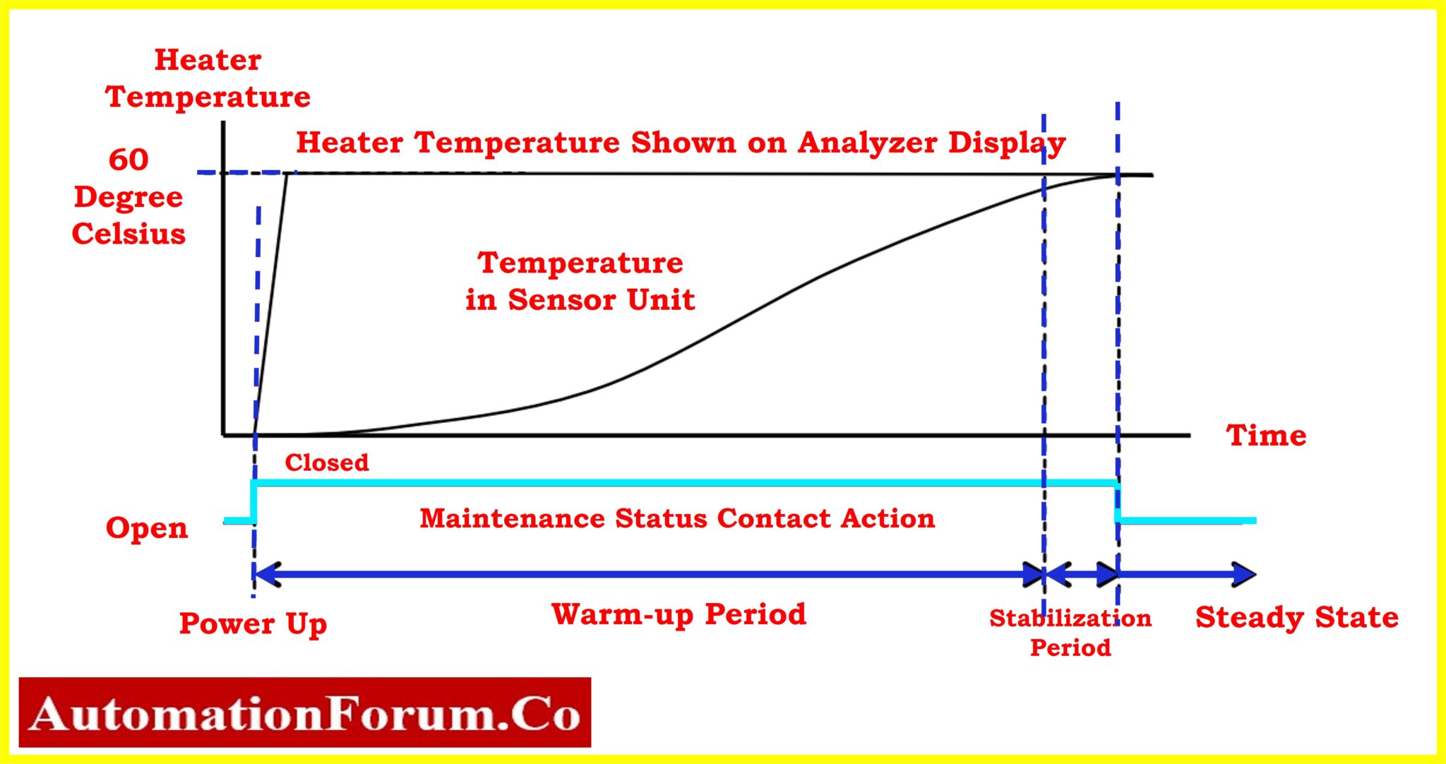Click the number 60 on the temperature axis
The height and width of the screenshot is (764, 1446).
coord(129,160)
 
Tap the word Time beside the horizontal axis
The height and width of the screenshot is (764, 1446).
coord(1266,435)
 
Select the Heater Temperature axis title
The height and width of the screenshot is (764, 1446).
coord(208,78)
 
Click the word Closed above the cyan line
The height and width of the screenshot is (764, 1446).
coord(326,462)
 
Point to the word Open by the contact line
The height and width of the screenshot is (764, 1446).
coord(147,528)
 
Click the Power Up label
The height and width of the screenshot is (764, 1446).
coord(253,623)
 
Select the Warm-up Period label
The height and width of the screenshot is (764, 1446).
coord(679,614)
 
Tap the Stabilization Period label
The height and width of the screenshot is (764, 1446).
coord(1070,632)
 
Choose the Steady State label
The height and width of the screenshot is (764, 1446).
coord(1296,617)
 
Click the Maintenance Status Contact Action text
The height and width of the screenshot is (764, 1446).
coord(677,518)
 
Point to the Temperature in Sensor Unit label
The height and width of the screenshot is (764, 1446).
coord(580,281)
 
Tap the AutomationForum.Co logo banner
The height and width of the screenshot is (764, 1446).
coord(305,712)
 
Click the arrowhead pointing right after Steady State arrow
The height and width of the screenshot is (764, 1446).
coord(1244,574)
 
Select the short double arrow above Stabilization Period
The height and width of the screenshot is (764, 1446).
coord(1081,574)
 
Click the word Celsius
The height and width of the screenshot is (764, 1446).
coord(129,234)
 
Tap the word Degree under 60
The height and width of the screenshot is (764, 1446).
coord(129,197)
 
